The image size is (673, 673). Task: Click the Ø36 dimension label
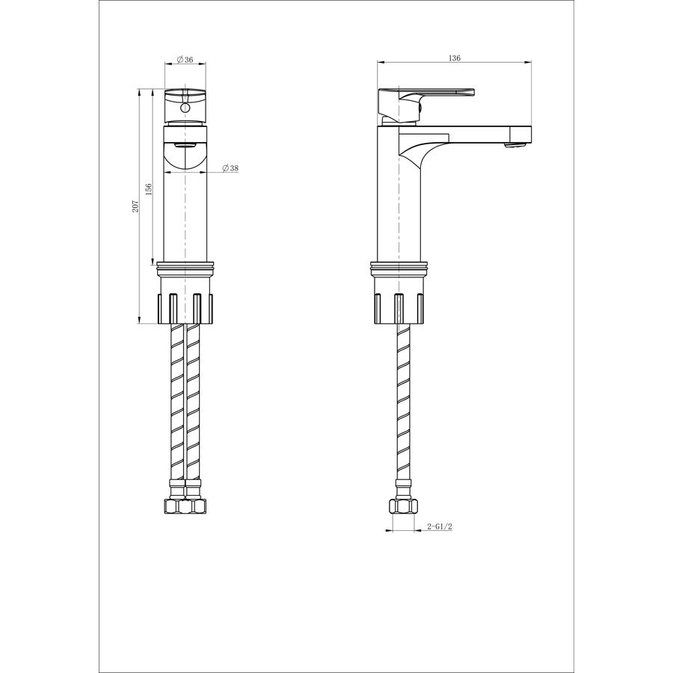click(185, 60)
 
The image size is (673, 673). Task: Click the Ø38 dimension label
click(230, 168)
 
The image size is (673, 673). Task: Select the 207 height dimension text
click(135, 206)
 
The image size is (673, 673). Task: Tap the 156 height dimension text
click(149, 190)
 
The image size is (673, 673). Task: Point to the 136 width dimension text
click(454, 58)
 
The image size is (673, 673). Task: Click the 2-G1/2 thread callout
click(440, 526)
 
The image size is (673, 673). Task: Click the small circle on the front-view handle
click(185, 107)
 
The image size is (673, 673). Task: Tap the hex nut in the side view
click(403, 506)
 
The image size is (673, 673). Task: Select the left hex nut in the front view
click(173, 506)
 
